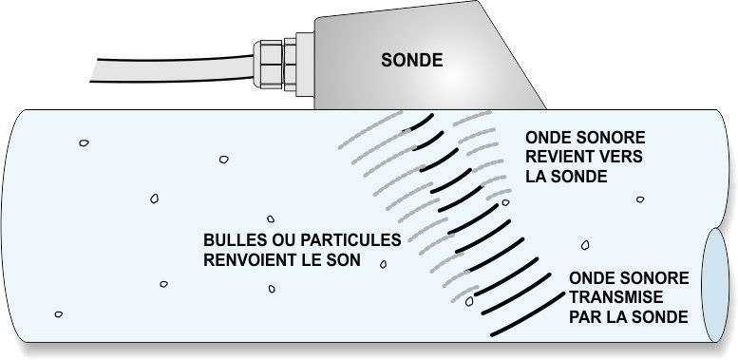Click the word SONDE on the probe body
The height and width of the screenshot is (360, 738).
pos(411,60)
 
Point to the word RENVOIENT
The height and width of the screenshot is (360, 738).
pos(252,257)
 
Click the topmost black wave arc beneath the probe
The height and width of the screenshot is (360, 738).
pos(419,123)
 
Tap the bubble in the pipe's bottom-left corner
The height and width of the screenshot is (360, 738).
pos(59,314)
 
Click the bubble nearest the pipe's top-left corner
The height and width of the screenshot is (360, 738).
pos(84,144)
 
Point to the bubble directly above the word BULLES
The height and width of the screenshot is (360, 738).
pos(270,218)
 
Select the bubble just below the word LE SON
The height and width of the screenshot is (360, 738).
pos(383,264)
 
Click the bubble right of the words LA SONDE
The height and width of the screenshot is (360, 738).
pos(640,199)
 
